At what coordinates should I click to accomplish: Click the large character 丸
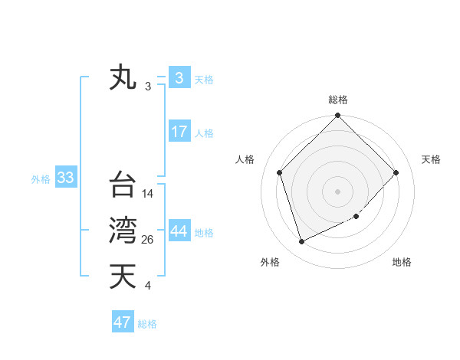point(123,78)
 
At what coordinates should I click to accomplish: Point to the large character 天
point(123,277)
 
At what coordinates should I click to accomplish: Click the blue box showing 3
point(179,78)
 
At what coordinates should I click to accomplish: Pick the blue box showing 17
point(179,132)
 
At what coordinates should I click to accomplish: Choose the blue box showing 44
point(179,231)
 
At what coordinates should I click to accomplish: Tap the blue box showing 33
point(65,178)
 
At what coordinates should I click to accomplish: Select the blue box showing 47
point(123,322)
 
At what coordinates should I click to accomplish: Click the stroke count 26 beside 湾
point(148,241)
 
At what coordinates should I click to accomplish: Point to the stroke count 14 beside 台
point(148,195)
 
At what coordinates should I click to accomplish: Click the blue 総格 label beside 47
point(147,324)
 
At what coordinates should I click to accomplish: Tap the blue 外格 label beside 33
point(41,179)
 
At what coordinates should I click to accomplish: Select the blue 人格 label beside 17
point(204,133)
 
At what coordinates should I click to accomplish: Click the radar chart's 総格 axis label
point(338,100)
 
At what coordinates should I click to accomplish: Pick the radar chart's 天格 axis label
point(431,159)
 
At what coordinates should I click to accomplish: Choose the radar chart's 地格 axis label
point(402,262)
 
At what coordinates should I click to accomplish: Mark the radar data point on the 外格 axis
point(302,241)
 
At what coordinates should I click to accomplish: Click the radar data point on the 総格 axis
point(338,116)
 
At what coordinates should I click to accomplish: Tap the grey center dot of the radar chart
point(338,191)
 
